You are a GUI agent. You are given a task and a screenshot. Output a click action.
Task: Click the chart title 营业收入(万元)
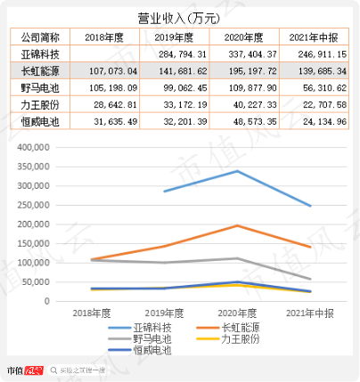[x=179, y=17]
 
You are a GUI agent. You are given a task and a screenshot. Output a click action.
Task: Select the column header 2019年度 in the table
[x=176, y=37]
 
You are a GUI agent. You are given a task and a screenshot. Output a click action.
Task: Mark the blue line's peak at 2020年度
[x=235, y=171]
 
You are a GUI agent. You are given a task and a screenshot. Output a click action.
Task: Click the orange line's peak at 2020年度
[x=235, y=225]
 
